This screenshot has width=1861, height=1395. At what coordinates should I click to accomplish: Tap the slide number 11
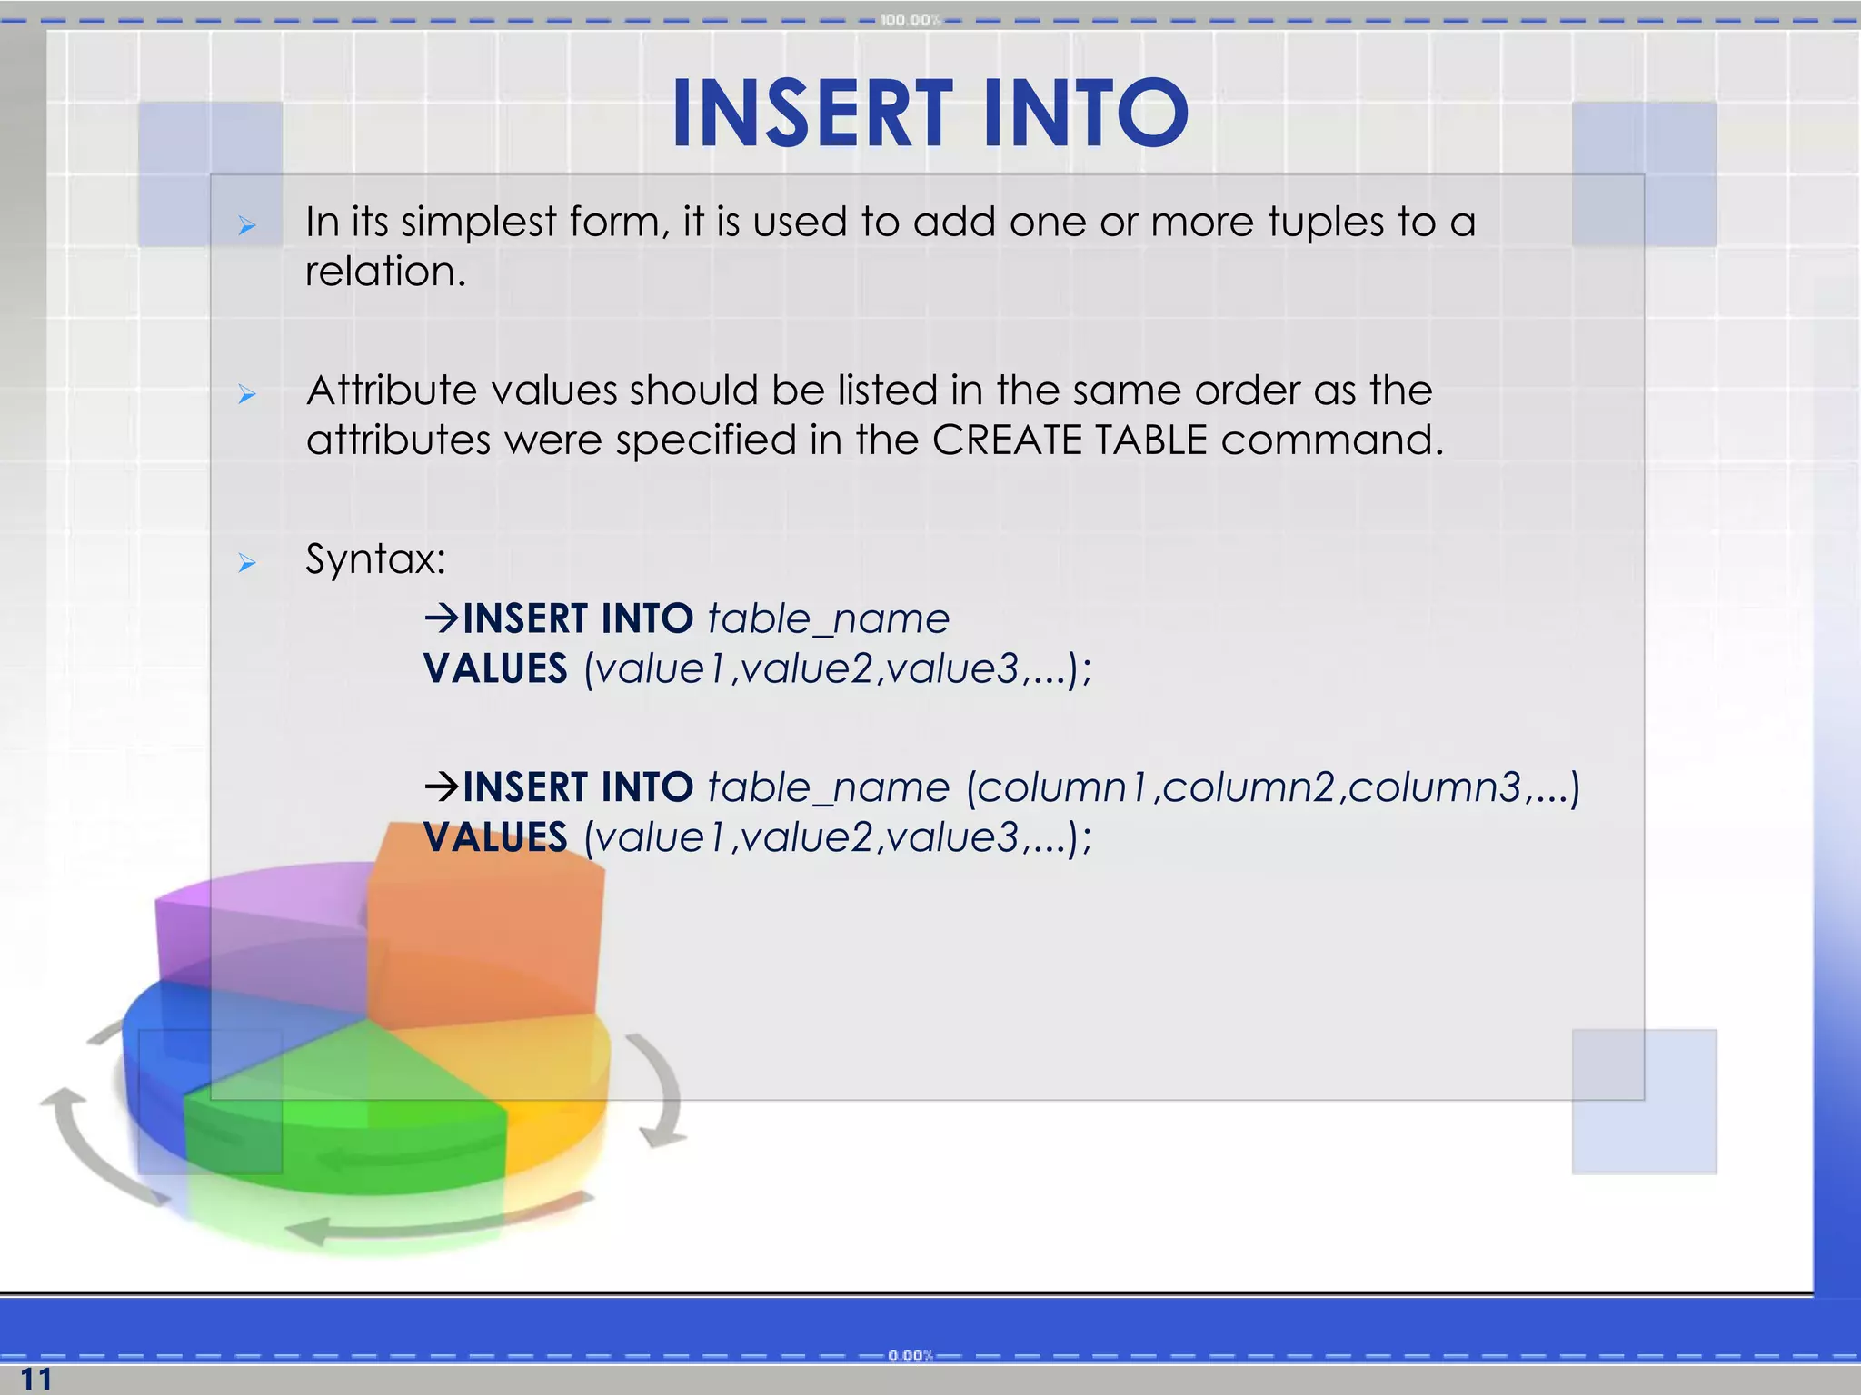pos(36,1379)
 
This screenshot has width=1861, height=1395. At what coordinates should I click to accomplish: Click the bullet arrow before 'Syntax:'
pos(246,564)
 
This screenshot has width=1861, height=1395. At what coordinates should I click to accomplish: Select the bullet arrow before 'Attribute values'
pos(246,394)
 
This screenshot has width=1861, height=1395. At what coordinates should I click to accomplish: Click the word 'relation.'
pos(385,272)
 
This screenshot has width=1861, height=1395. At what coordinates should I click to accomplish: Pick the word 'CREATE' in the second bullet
pos(1007,440)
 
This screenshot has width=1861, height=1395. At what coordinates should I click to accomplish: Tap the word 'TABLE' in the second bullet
pos(1150,440)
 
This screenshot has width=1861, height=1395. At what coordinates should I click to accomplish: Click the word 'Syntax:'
pos(375,559)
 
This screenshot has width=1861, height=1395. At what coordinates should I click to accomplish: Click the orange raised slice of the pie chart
pos(486,935)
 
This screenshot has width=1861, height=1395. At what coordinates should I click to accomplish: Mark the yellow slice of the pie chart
pos(545,1072)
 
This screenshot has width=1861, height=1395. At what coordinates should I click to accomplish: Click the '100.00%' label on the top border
pos(910,20)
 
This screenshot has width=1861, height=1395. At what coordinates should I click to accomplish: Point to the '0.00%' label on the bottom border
pos(911,1356)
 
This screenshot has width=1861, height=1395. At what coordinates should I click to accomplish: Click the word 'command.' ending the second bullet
pos(1331,440)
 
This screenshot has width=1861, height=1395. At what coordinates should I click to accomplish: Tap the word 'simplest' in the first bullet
pos(478,223)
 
